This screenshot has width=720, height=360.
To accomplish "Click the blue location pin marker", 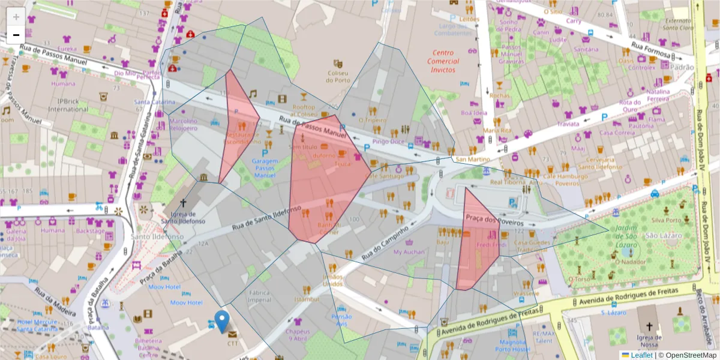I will [x=222, y=321].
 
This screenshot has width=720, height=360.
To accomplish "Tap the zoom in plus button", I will [x=16, y=17].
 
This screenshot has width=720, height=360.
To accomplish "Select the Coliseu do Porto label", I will [x=338, y=76].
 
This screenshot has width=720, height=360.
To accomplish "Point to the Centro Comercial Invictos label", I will [x=443, y=61].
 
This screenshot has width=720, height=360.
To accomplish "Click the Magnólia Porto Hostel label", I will [x=512, y=346].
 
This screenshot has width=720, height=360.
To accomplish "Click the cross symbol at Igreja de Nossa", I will [x=649, y=327].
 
